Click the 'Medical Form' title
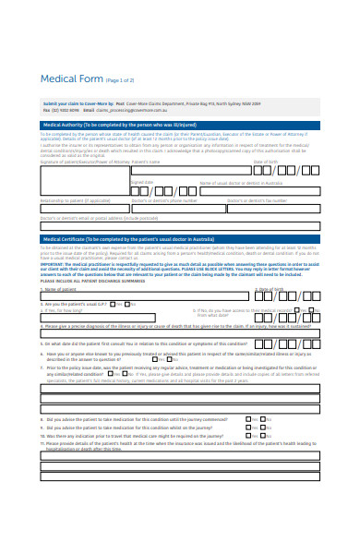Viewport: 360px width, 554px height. (71, 79)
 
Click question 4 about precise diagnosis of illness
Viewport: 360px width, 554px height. (157, 326)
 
